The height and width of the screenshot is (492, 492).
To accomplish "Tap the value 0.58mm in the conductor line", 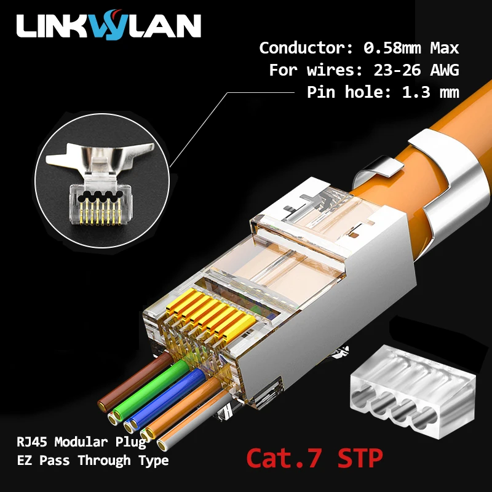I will pyautogui.click(x=391, y=47).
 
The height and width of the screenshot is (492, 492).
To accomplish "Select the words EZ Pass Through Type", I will pyautogui.click(x=92, y=461).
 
